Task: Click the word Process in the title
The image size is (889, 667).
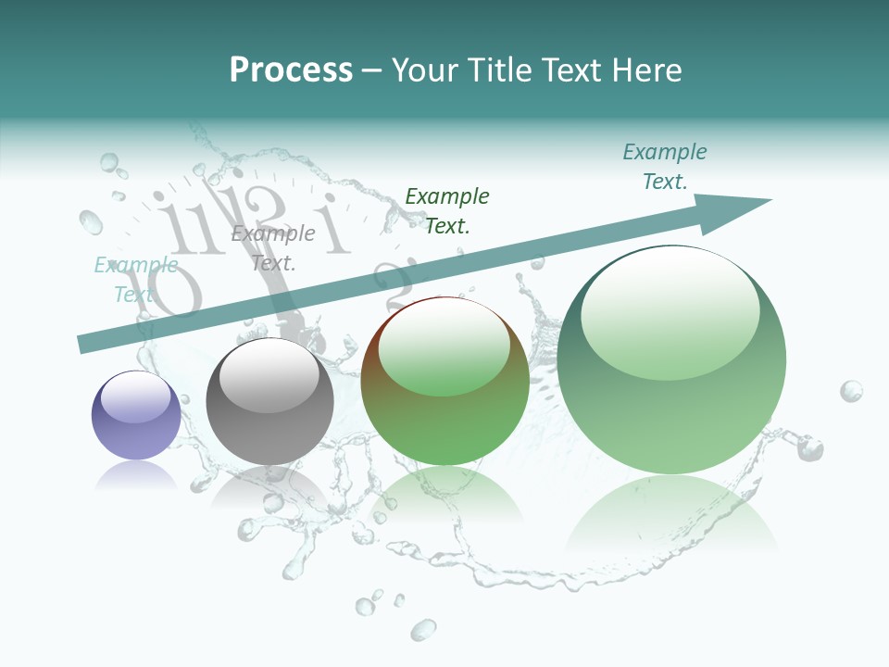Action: click(291, 70)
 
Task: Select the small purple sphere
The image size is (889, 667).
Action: click(136, 416)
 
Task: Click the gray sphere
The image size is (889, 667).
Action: click(269, 402)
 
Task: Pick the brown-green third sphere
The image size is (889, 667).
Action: click(445, 382)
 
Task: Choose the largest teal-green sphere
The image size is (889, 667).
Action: click(671, 360)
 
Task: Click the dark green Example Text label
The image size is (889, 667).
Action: click(447, 210)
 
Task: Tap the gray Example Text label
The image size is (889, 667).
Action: click(273, 247)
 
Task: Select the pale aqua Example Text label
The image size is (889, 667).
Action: click(136, 280)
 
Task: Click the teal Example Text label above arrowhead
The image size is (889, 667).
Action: click(665, 167)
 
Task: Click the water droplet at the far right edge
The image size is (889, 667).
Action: click(851, 391)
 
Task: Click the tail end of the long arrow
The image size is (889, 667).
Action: click(86, 345)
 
